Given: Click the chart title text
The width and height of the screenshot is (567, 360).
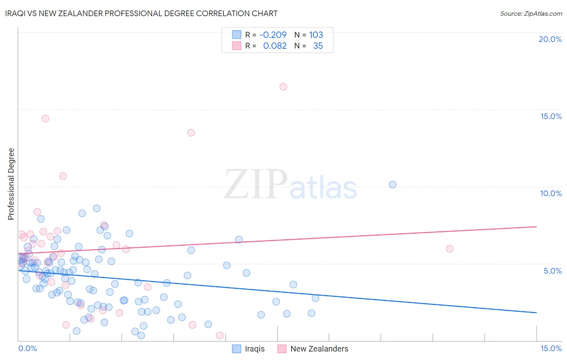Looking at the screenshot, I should pyautogui.click(x=141, y=13).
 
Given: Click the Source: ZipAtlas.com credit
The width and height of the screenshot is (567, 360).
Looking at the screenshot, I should pyautogui.click(x=531, y=13).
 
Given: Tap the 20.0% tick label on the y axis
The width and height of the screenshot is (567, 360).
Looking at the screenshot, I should pyautogui.click(x=550, y=39).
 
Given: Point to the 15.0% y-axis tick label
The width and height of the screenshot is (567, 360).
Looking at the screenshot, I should pyautogui.click(x=551, y=116).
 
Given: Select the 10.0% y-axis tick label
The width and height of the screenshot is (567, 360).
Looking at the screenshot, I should pyautogui.click(x=551, y=193).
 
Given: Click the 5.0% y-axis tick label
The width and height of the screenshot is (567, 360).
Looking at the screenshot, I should pyautogui.click(x=552, y=271).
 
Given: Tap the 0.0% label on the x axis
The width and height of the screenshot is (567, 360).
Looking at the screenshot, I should pyautogui.click(x=27, y=348).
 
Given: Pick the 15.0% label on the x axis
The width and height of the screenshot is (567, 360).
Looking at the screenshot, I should pyautogui.click(x=551, y=348).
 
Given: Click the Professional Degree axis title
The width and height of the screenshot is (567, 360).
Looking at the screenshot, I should pyautogui.click(x=11, y=184).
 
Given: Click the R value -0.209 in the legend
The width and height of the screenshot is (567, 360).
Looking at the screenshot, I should pyautogui.click(x=273, y=35).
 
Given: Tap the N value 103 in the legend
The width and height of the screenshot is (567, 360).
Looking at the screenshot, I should pyautogui.click(x=316, y=35).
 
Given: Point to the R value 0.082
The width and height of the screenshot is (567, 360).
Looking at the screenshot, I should pyautogui.click(x=275, y=46).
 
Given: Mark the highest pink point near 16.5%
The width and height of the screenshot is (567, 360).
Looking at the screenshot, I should pyautogui.click(x=283, y=87).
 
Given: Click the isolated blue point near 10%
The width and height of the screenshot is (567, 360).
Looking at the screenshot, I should pyautogui.click(x=392, y=185).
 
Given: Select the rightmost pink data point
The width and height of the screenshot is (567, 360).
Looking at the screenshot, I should pyautogui.click(x=450, y=249).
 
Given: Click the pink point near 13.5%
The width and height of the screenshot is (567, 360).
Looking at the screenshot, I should pyautogui.click(x=191, y=133).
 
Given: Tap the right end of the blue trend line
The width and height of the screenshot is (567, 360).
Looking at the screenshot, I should pyautogui.click(x=536, y=313).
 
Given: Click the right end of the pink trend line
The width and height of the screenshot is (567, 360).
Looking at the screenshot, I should pyautogui.click(x=536, y=227).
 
